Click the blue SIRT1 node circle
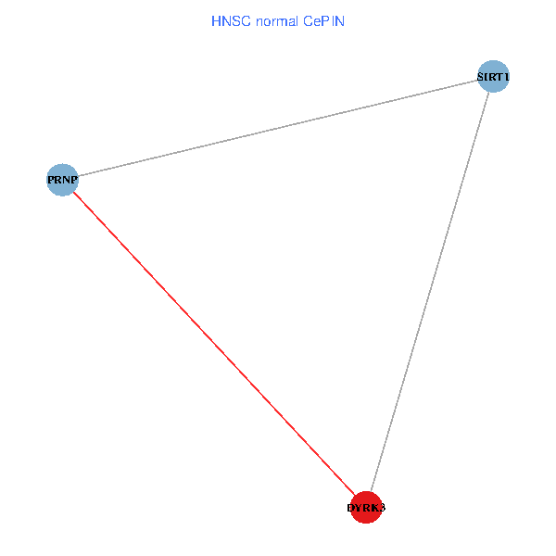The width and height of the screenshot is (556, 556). (494, 76)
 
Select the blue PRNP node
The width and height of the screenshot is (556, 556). (62, 178)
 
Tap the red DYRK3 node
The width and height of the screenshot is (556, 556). (366, 508)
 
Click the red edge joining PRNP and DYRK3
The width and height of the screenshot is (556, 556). (213, 342)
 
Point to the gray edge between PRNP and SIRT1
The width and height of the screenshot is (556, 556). (278, 127)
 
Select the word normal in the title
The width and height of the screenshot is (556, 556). (274, 19)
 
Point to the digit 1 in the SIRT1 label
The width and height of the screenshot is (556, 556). (507, 76)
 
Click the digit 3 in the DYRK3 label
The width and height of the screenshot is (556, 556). (381, 508)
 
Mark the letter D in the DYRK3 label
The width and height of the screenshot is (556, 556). (350, 508)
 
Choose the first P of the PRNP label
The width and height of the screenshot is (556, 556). (51, 178)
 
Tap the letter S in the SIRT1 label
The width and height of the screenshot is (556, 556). (481, 76)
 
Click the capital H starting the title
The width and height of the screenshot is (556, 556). (216, 19)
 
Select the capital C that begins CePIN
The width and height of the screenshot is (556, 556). (305, 19)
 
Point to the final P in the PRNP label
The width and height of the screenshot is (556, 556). (73, 178)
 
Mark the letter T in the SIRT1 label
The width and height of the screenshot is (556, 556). (499, 76)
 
